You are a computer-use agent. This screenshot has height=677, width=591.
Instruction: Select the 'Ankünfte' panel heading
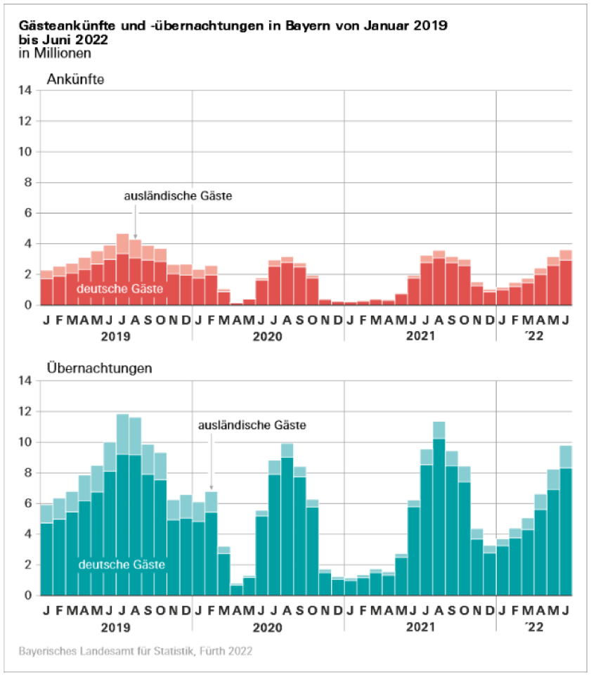[x=75, y=79]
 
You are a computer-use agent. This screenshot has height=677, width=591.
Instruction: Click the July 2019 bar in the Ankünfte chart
[x=122, y=274]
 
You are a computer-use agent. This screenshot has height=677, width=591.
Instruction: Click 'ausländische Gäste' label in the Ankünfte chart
[x=178, y=196]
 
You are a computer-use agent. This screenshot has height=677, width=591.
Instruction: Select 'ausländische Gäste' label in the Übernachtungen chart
[x=252, y=425]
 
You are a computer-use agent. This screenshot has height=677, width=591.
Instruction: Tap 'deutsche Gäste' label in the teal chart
[x=122, y=565]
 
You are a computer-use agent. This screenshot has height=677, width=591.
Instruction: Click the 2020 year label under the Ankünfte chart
[x=268, y=336]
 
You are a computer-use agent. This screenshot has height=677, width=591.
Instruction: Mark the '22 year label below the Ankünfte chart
[x=533, y=336]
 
